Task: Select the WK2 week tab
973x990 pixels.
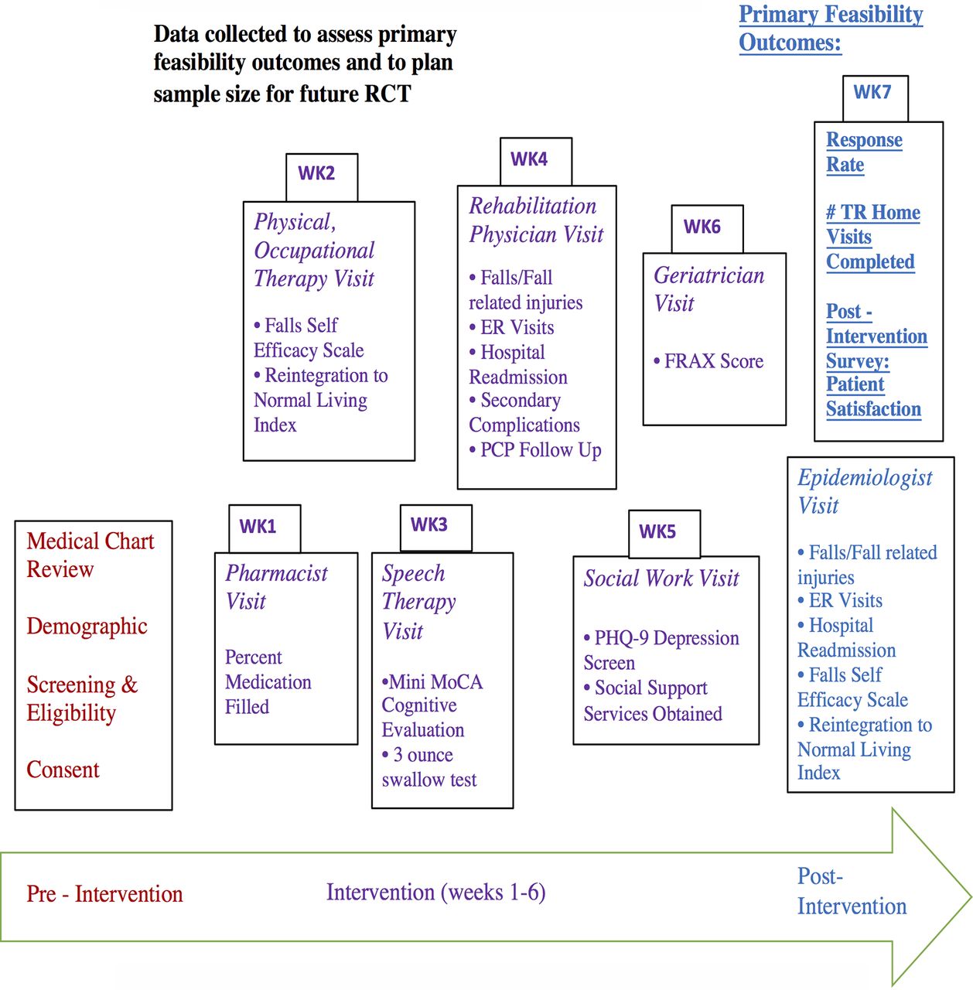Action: point(322,177)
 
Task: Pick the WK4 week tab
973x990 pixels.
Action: point(535,162)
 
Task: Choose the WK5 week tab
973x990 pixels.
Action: point(664,534)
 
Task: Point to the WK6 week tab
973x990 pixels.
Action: point(707,229)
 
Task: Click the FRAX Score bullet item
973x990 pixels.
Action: point(708,361)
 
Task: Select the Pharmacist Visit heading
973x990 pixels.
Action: point(276,587)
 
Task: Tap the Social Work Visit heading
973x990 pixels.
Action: point(661,579)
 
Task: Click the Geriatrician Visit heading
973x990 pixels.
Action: point(708,289)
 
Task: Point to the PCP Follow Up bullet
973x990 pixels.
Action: point(534,450)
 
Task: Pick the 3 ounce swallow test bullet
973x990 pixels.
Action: point(429,767)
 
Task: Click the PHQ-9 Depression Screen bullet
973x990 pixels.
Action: point(661,650)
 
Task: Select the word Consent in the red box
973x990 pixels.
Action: point(63,770)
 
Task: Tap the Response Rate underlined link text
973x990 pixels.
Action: point(864,152)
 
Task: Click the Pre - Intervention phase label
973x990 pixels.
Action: point(104,894)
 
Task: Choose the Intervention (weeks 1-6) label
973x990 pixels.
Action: point(436,893)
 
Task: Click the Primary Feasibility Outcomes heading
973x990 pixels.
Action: point(831,29)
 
